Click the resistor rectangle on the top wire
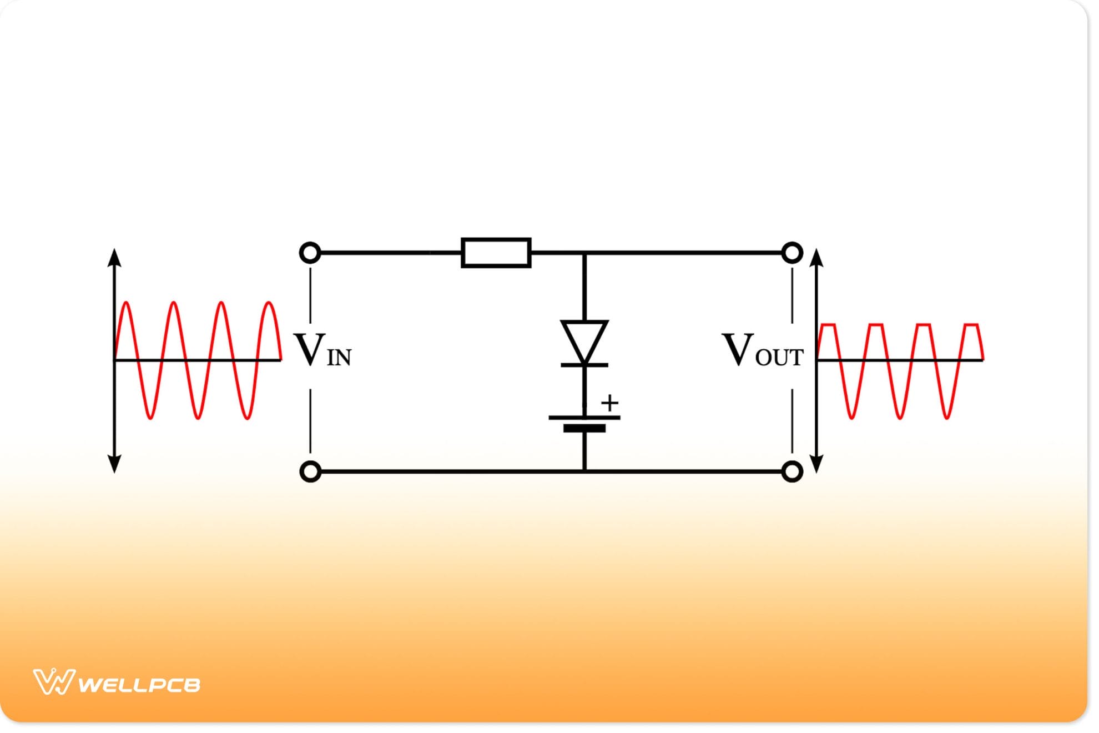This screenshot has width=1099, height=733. [496, 253]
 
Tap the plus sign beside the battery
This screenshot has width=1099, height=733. [609, 403]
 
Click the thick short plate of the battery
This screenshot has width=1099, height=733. [584, 428]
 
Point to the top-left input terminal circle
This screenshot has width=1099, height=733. [310, 253]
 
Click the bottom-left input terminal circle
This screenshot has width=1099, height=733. [310, 471]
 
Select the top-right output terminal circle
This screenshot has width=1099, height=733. [792, 253]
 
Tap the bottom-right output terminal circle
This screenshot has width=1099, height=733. [792, 471]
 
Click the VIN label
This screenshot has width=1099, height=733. [322, 350]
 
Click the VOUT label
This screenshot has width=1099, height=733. [762, 350]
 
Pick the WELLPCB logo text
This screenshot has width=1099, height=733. [139, 685]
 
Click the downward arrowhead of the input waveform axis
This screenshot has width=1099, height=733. [114, 464]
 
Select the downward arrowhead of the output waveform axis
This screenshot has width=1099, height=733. [816, 464]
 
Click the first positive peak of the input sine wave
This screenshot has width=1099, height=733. [127, 303]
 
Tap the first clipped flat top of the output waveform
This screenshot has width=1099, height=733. [828, 324]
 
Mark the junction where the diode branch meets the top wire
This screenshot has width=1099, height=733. [584, 253]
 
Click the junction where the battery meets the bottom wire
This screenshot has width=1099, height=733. [584, 471]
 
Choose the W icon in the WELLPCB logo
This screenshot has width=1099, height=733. [53, 682]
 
